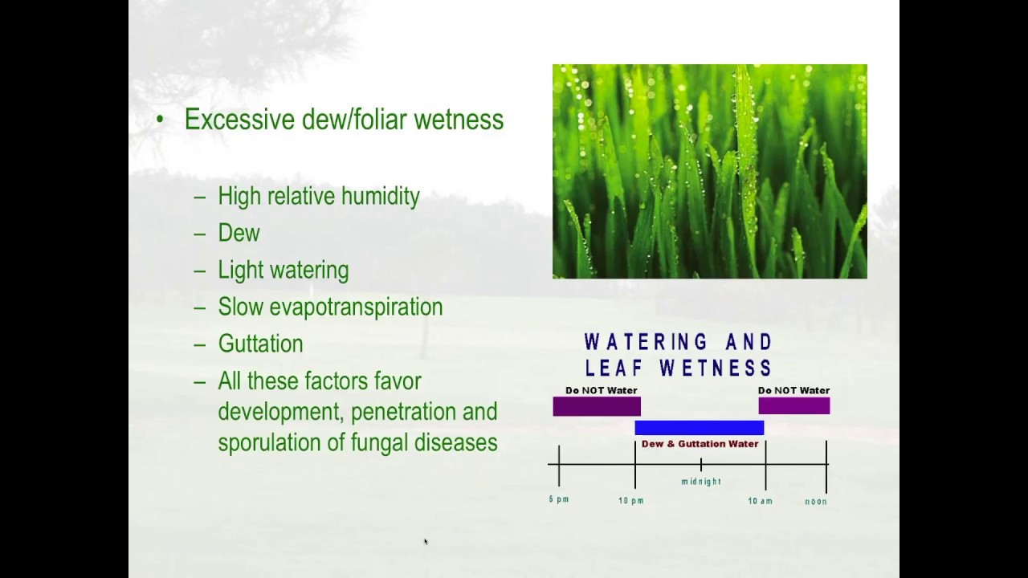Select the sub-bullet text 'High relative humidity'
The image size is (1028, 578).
coord(318,197)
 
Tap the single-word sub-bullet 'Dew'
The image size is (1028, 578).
coord(239,234)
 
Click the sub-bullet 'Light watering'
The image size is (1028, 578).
coord(283,271)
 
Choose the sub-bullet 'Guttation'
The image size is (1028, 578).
coord(260,344)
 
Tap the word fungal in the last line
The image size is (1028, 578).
coord(381,442)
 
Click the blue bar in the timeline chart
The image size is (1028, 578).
coord(699,428)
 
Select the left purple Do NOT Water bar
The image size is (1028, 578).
coord(596,407)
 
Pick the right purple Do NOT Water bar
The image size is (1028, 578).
coord(793,407)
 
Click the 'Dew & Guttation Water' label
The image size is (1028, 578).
coord(700,444)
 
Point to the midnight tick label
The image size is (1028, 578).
coord(701,482)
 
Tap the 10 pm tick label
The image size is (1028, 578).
coord(630,501)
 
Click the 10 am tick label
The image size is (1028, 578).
coord(760,501)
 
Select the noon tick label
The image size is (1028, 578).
coord(816,502)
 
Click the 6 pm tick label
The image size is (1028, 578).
coord(559,499)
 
